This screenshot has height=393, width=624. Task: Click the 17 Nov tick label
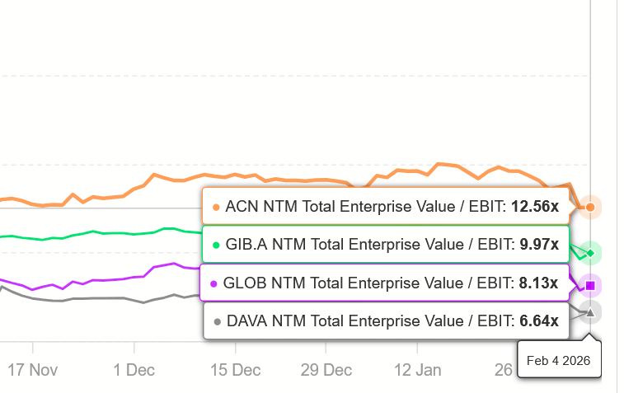coord(33,370)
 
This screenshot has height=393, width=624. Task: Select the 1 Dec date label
coord(134,370)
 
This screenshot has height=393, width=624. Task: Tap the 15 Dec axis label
coord(235,370)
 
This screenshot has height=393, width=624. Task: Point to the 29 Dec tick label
coord(326,370)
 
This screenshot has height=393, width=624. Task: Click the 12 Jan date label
coord(417,370)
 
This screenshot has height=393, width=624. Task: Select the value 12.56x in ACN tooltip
coord(535,207)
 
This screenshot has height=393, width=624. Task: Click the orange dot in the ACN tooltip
coord(216,208)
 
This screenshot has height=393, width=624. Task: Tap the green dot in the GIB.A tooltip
coord(216,245)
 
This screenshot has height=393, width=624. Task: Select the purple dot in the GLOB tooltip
coord(214,284)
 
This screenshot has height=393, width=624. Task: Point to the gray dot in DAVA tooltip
coord(218,322)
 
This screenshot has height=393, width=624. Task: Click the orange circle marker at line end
coord(590,208)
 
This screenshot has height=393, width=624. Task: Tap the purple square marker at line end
coord(590,286)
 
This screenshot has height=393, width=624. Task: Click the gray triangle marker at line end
coord(590,311)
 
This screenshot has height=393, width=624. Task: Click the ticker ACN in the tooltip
coord(240,207)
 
